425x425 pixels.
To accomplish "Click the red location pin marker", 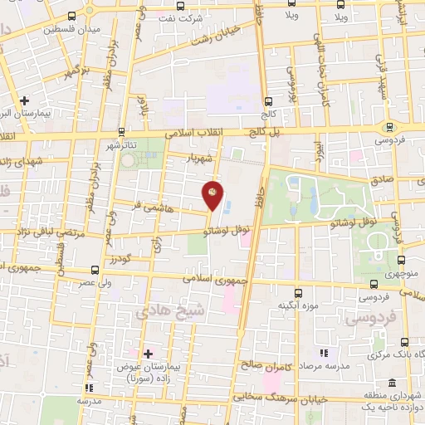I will click(x=213, y=195).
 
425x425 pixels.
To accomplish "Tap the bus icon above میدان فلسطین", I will click(x=70, y=15).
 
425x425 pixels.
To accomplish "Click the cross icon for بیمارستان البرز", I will click(x=26, y=99).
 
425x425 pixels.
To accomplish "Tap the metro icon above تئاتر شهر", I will click(x=122, y=131).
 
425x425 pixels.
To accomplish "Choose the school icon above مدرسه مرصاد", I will click(x=323, y=353).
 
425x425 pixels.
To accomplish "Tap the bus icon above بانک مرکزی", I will click(x=405, y=342).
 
